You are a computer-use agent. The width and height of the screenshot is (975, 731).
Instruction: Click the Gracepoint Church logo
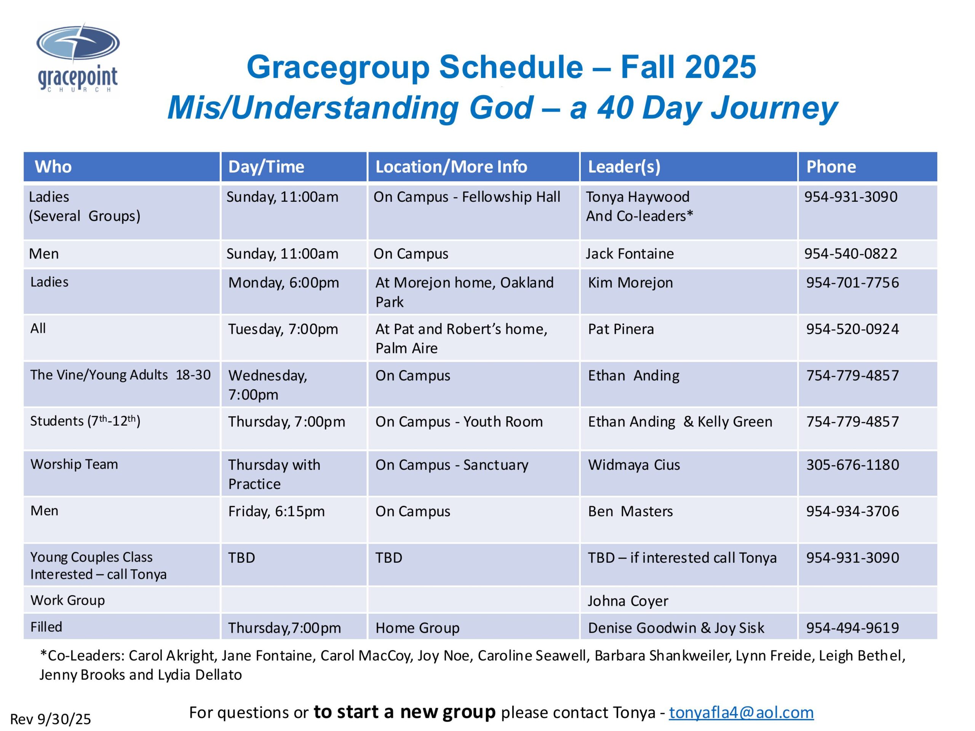[x=78, y=58]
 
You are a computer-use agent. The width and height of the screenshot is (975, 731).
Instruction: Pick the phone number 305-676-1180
[x=852, y=465]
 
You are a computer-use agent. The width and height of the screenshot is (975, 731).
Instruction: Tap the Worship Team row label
[x=74, y=464]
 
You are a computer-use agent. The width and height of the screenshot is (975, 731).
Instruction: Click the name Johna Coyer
[x=628, y=601]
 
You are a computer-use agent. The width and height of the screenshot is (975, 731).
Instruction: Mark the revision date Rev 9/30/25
[x=51, y=719]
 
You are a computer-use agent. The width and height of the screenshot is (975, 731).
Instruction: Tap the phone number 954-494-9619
[x=852, y=628]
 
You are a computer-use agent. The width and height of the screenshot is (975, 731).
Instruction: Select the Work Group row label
[x=67, y=600]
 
